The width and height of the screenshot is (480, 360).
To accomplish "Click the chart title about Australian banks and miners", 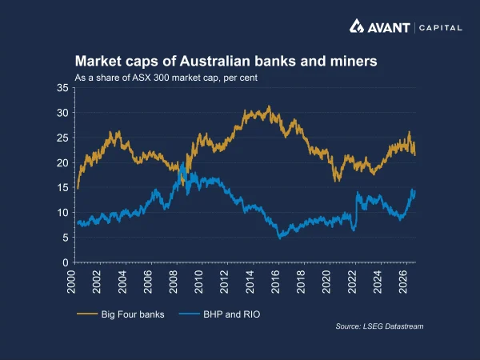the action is (x=226, y=62).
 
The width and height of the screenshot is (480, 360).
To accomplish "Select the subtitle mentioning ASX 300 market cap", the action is (x=166, y=78).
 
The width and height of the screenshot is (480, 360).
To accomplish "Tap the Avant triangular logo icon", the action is (x=357, y=26).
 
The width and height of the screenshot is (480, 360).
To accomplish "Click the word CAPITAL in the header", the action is (x=441, y=28).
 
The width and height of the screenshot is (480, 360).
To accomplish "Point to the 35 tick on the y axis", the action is (x=62, y=88).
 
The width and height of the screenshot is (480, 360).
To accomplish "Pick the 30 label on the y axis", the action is (x=62, y=113).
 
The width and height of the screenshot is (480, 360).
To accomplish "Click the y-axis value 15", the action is (x=62, y=188).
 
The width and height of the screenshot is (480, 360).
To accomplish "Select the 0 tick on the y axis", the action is (x=66, y=262).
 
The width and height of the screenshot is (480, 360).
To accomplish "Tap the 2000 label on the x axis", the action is (x=71, y=282).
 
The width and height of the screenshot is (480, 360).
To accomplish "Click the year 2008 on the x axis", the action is (x=174, y=282).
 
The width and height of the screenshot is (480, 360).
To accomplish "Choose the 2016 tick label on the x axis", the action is (x=276, y=282).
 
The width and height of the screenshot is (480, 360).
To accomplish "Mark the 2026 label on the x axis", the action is (x=403, y=282).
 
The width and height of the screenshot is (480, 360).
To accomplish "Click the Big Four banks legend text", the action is (x=133, y=314).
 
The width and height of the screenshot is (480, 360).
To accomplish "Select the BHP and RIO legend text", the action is (x=232, y=314).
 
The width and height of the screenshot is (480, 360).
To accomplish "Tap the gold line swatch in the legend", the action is (x=87, y=314).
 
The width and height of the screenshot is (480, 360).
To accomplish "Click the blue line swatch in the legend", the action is (x=189, y=314).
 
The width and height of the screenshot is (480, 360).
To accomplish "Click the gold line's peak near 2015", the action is (x=269, y=106).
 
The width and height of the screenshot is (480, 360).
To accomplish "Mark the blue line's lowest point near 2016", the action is (x=279, y=238).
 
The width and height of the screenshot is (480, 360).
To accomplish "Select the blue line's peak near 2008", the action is (x=182, y=163).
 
